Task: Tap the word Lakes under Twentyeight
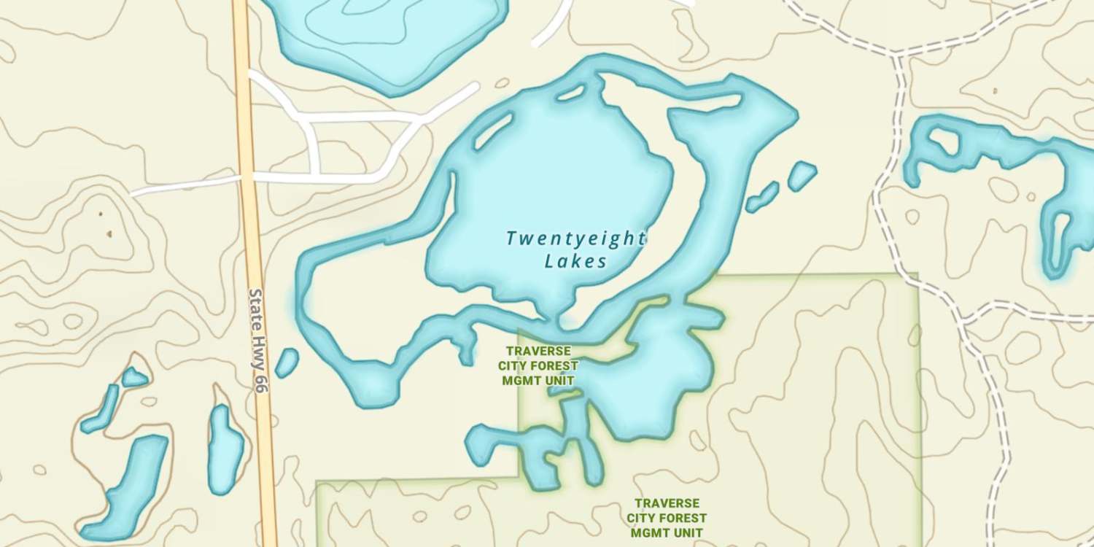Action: click(x=576, y=261)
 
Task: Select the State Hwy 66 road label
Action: click(x=258, y=340)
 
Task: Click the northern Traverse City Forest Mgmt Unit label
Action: click(x=538, y=365)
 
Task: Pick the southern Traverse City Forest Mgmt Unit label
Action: click(x=667, y=518)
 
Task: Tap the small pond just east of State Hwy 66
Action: click(x=287, y=362)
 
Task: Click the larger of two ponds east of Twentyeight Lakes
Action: click(x=802, y=175)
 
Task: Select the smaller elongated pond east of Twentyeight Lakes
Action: click(x=763, y=197)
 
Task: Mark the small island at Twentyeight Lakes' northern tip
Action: click(x=570, y=93)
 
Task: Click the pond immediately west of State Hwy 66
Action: click(x=225, y=449)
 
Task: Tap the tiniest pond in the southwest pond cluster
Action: click(x=133, y=377)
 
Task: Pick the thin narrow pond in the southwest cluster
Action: click(x=102, y=409)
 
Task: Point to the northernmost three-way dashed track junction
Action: click(x=899, y=54)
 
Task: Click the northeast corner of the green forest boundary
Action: click(x=917, y=275)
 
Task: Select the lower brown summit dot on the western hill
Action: click(x=109, y=234)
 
